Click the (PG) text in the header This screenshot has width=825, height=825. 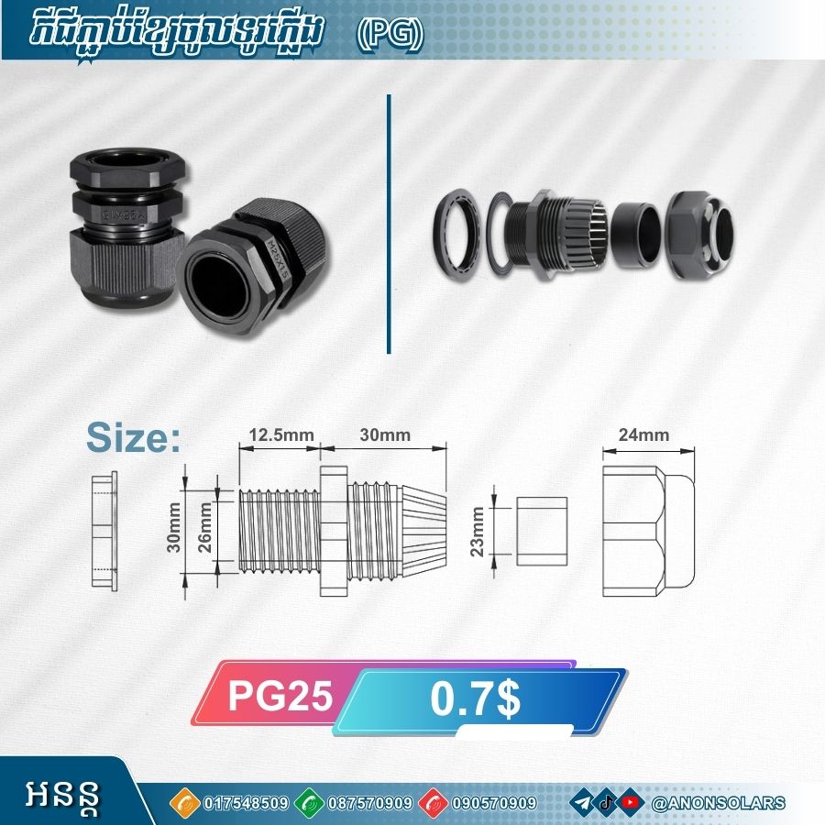390,35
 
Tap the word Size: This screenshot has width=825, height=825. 133,438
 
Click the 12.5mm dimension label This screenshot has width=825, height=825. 281,435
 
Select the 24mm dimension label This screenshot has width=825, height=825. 643,435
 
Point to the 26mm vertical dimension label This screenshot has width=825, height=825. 204,527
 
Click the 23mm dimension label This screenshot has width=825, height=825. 477,532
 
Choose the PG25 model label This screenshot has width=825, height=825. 280,695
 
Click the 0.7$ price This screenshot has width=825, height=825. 475,698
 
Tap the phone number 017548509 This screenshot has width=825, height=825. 246,803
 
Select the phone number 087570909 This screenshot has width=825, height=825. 370,803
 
